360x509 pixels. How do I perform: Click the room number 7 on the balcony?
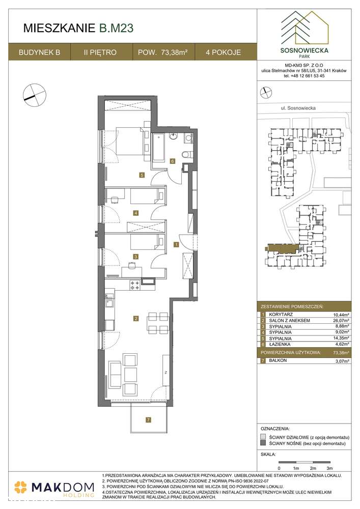point(148,420)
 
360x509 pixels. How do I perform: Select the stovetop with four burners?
point(135,286)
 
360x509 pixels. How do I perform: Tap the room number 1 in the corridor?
point(176,245)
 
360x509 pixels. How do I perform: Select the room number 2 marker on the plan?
point(135,319)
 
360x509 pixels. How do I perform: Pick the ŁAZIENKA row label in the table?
point(279,345)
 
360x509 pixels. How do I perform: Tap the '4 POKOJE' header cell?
point(224,52)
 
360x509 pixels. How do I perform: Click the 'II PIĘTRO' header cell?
point(101,52)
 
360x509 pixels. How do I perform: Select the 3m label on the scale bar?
point(329,467)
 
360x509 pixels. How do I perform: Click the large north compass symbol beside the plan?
point(31,94)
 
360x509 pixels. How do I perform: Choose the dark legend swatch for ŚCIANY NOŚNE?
point(263,444)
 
